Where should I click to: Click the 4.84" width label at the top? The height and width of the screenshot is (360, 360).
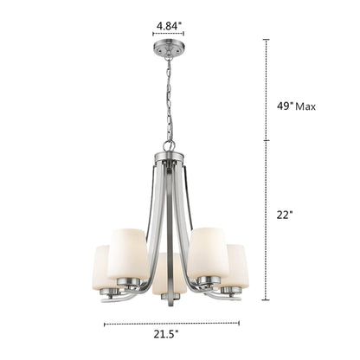click(169, 26)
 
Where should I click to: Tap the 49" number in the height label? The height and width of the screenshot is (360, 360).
click(282, 106)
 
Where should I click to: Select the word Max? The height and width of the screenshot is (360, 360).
click(305, 106)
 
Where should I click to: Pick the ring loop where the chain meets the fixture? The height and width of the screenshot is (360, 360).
click(170, 145)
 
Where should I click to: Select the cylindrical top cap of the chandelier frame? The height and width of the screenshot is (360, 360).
click(170, 159)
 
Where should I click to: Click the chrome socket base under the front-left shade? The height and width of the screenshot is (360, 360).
click(128, 282)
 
